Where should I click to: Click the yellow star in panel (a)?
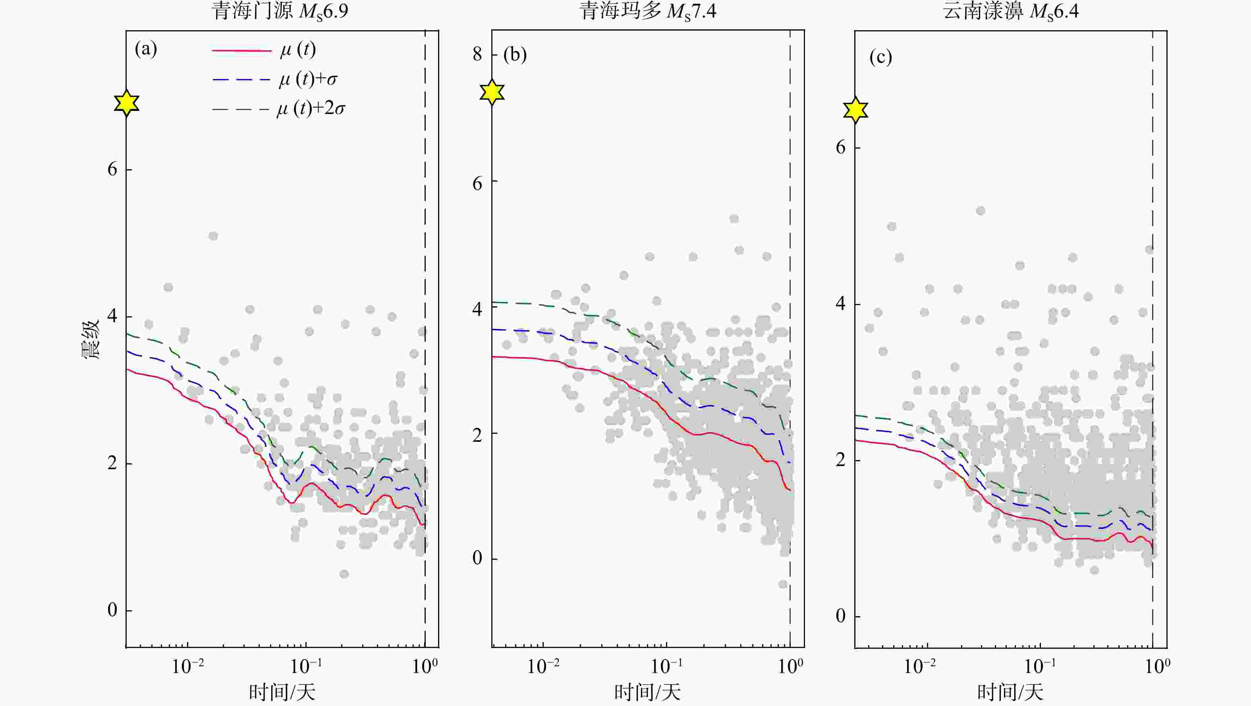(x=127, y=103)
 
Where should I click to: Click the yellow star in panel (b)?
(x=492, y=92)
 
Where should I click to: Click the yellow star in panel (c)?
(x=855, y=110)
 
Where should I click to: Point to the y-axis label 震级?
(x=90, y=339)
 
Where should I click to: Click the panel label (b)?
(x=515, y=54)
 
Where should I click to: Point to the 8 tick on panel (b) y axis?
(x=477, y=54)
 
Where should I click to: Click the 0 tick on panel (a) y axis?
(x=112, y=610)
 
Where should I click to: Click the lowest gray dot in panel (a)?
(x=344, y=574)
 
